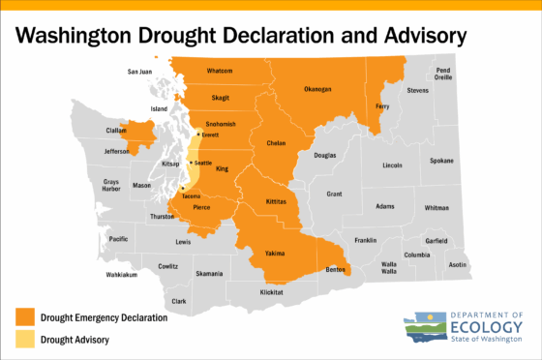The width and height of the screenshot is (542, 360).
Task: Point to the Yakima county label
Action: [x=275, y=254]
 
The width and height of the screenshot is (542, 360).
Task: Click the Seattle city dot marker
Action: [x=192, y=163]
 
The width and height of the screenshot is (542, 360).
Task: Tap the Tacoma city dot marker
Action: [x=183, y=188]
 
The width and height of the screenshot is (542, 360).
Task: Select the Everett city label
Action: [x=209, y=135]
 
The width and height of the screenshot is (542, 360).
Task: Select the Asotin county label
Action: [x=457, y=264]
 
